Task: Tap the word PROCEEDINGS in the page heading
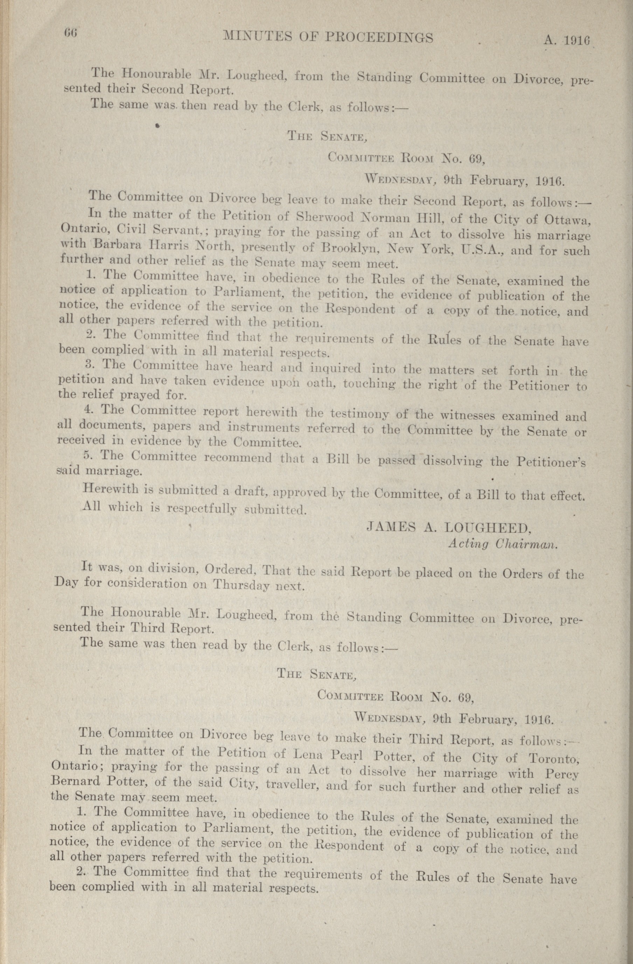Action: coord(379,38)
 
